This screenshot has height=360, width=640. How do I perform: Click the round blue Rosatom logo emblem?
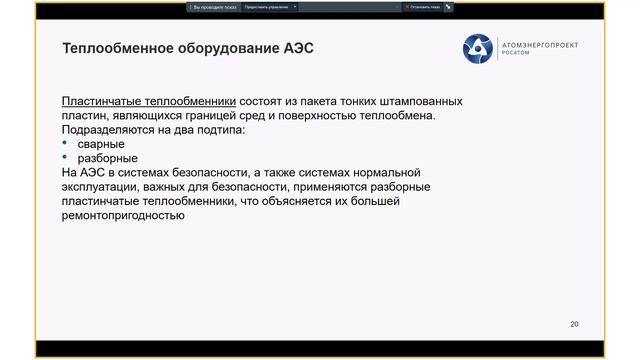click(x=477, y=48)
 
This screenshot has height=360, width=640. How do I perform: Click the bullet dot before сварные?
click(x=66, y=144)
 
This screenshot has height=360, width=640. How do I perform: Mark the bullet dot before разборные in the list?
click(x=66, y=158)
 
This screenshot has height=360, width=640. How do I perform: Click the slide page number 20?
click(x=574, y=324)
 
